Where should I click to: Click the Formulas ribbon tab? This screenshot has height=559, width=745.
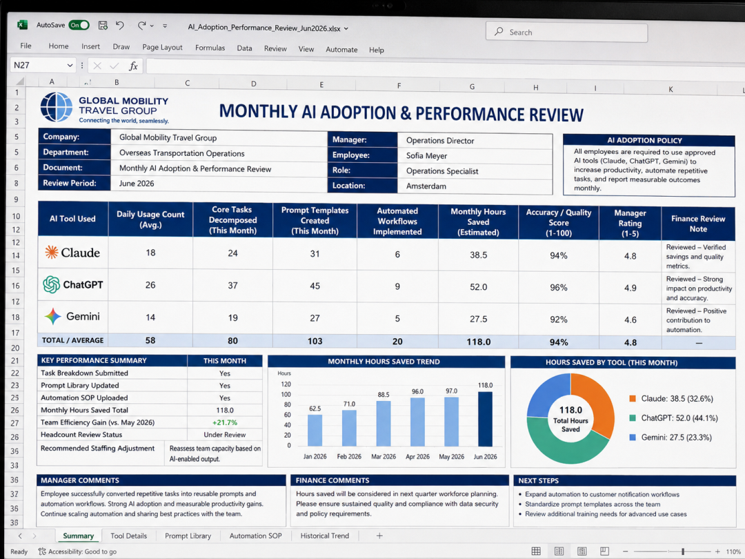click(210, 48)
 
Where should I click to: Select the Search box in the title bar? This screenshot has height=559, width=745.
click(566, 32)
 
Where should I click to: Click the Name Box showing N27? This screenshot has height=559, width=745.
click(43, 65)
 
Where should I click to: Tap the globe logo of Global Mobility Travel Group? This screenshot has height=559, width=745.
click(56, 107)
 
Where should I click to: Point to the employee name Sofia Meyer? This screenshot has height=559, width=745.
click(426, 156)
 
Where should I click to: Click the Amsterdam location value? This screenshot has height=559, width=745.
click(426, 186)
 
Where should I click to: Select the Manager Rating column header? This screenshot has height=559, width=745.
click(630, 223)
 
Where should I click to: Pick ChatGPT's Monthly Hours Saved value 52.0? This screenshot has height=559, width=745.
click(479, 287)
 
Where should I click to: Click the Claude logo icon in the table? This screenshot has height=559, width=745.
click(51, 252)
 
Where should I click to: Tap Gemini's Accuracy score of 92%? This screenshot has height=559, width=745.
click(558, 320)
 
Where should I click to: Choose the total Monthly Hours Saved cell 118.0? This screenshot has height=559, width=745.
click(479, 342)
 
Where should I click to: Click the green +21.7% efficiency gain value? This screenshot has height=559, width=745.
click(225, 422)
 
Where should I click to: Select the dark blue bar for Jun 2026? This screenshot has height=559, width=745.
click(485, 419)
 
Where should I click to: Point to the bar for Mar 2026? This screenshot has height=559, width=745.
click(384, 423)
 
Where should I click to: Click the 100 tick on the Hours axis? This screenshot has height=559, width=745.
click(286, 395)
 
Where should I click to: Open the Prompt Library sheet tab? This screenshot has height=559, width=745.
click(188, 536)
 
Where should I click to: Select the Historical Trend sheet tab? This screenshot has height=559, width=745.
click(324, 536)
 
